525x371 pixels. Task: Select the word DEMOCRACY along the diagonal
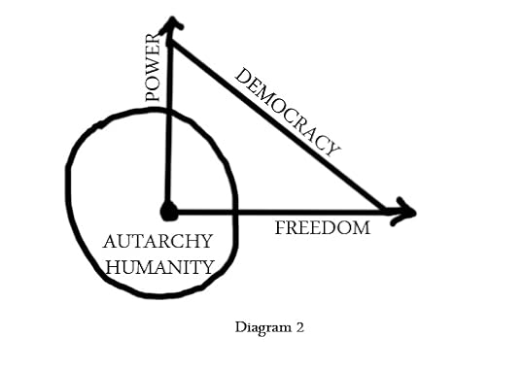289,112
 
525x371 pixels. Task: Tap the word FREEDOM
322,229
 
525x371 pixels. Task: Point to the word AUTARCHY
152,242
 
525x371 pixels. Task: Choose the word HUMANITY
157,265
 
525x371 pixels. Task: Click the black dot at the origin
169,210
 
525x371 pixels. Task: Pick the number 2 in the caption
299,327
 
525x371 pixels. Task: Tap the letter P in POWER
153,95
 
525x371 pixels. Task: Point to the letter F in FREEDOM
280,229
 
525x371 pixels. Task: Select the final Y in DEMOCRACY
334,149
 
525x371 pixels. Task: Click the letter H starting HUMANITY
108,265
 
